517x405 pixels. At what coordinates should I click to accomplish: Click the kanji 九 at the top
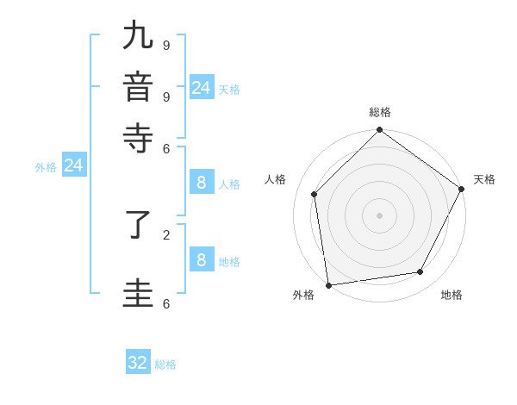138,36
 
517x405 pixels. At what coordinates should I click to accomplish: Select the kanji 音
138,87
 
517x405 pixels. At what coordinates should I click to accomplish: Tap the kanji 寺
138,138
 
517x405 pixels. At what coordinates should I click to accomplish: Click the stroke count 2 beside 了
165,234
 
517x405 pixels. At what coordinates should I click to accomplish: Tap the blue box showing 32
138,363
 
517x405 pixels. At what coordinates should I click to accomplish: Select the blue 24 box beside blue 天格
201,88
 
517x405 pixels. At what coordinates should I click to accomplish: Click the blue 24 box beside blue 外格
73,165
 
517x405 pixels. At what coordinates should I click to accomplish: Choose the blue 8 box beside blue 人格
201,183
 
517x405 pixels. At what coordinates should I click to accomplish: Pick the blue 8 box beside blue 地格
201,259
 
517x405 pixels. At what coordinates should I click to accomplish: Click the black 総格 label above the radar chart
380,112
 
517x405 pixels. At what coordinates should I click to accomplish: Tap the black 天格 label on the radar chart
484,179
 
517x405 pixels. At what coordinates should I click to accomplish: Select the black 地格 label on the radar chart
452,295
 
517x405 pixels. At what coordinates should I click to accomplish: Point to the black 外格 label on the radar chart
303,295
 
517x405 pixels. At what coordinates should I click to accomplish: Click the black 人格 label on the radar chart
276,179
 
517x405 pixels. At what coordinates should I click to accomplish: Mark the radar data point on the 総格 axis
379,131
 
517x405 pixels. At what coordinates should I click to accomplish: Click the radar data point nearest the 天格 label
461,189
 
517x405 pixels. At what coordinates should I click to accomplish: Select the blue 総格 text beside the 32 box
165,364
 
